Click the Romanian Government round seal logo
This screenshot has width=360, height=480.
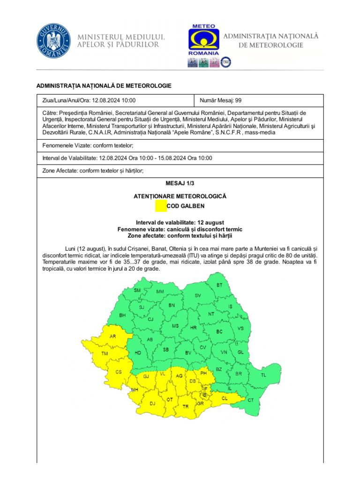coord(55,41)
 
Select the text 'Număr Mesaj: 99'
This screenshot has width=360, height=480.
coord(221,100)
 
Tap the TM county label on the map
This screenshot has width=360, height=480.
coord(105,353)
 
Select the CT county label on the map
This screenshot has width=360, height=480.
coord(250,400)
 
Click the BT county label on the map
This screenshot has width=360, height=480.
coord(219,285)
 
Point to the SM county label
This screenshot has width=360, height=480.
coord(137,291)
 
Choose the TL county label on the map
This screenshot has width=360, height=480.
coord(263,375)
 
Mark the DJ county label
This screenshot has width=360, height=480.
coord(152,403)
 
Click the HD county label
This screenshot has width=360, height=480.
coord(138,352)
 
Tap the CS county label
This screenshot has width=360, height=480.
coord(119,372)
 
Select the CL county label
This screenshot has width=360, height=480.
coord(225,398)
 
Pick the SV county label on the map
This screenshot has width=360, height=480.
coord(198,296)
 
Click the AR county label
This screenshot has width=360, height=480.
coord(112,336)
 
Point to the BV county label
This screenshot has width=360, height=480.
coord(188,352)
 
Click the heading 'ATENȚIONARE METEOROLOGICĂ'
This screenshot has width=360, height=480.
coord(180,196)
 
